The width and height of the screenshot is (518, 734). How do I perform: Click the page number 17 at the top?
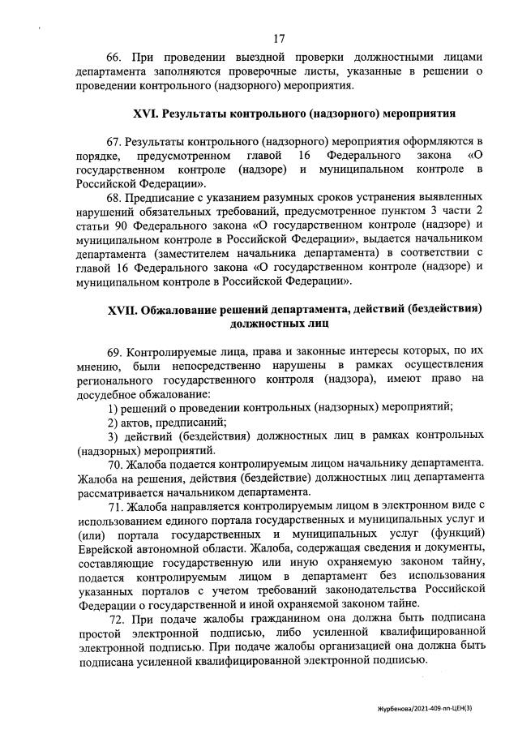pyautogui.click(x=280, y=38)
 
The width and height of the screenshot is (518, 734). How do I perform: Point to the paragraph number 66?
pyautogui.click(x=115, y=58)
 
